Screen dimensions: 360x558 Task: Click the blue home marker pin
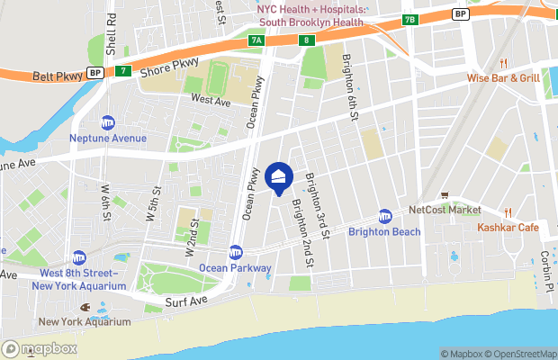[x=279, y=178]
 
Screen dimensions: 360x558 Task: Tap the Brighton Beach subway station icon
[x=385, y=216]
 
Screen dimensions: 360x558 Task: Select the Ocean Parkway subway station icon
[x=236, y=252]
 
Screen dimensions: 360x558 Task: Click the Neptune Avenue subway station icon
[x=108, y=123]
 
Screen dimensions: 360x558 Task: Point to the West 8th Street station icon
[x=79, y=258]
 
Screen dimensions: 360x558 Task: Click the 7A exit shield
[x=256, y=40]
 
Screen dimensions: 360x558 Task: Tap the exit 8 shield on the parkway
[x=307, y=40]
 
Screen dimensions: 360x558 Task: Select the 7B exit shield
[x=410, y=19]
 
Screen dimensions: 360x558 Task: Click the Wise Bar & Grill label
[x=503, y=78]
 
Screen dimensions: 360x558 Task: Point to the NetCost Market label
[x=445, y=210]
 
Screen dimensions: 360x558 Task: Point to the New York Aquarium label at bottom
[x=84, y=321]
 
